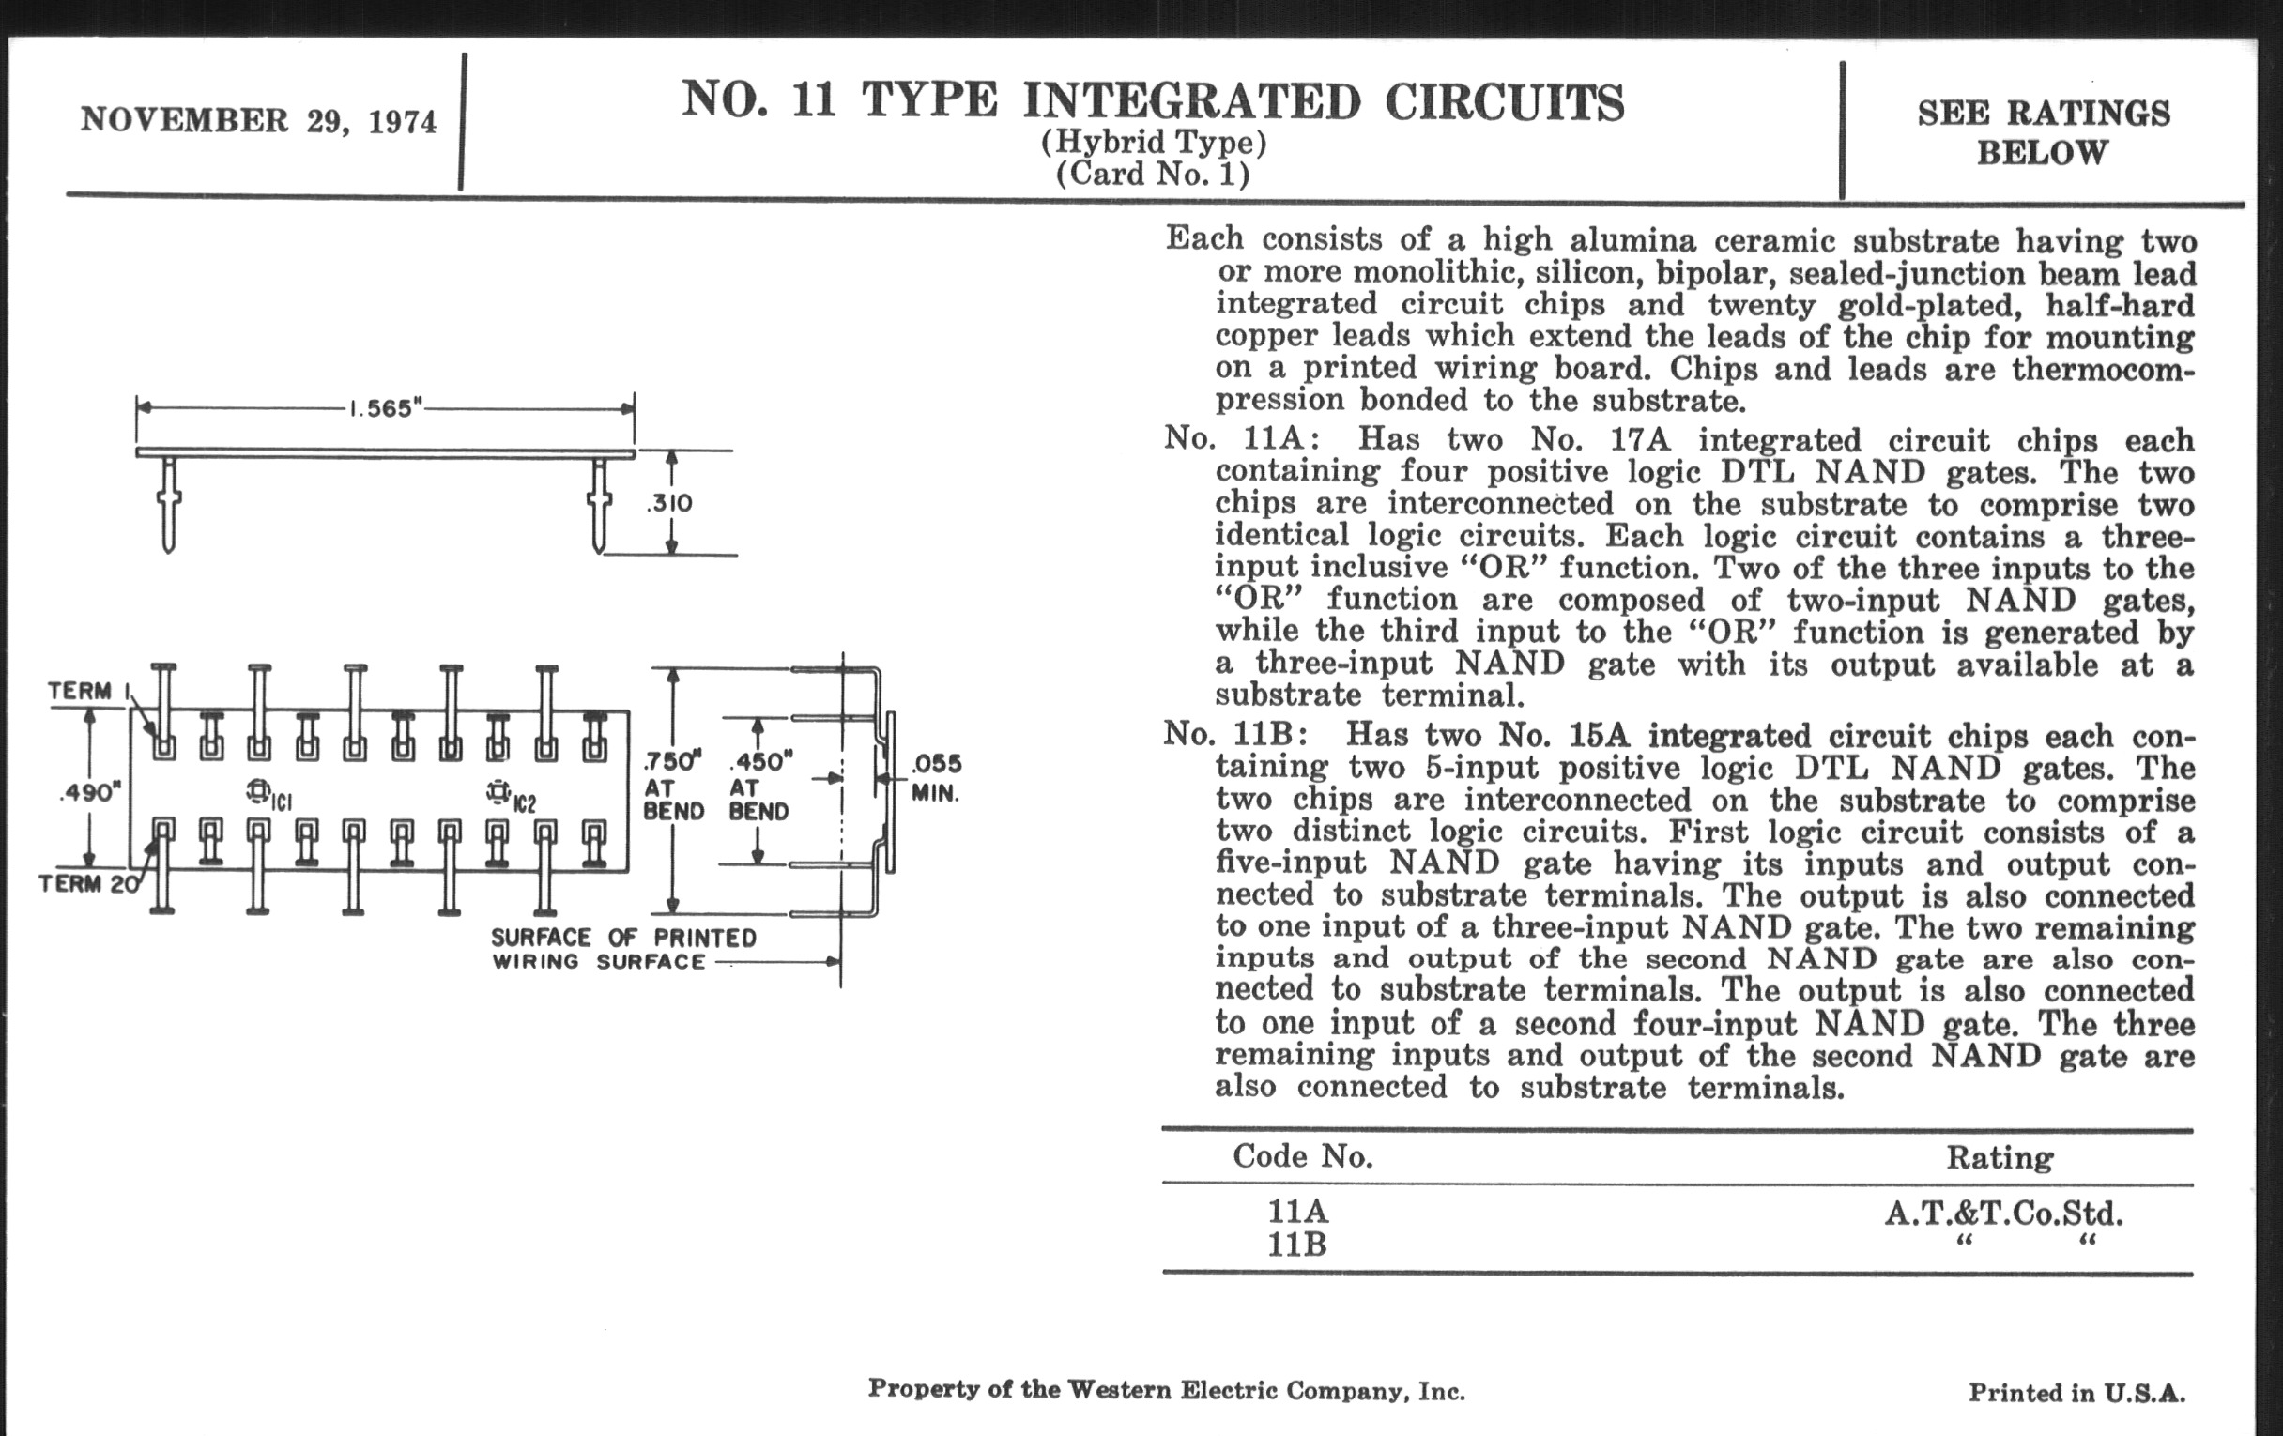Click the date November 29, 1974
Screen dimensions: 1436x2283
tap(258, 121)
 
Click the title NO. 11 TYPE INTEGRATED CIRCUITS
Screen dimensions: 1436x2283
tap(1152, 102)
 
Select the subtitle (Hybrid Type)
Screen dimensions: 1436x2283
tap(1153, 143)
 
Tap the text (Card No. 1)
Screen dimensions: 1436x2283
tap(1153, 175)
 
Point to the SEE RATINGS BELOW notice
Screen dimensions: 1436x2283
tap(2043, 132)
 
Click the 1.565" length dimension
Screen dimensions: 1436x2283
tap(385, 408)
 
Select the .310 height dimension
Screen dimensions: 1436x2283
tap(669, 503)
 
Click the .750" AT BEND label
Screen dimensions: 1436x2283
tap(673, 786)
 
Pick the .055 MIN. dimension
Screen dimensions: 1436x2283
tap(936, 778)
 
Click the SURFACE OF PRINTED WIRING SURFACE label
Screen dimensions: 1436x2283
tap(623, 950)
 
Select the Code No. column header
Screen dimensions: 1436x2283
tap(1303, 1156)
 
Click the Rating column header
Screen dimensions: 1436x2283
tap(2000, 1157)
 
